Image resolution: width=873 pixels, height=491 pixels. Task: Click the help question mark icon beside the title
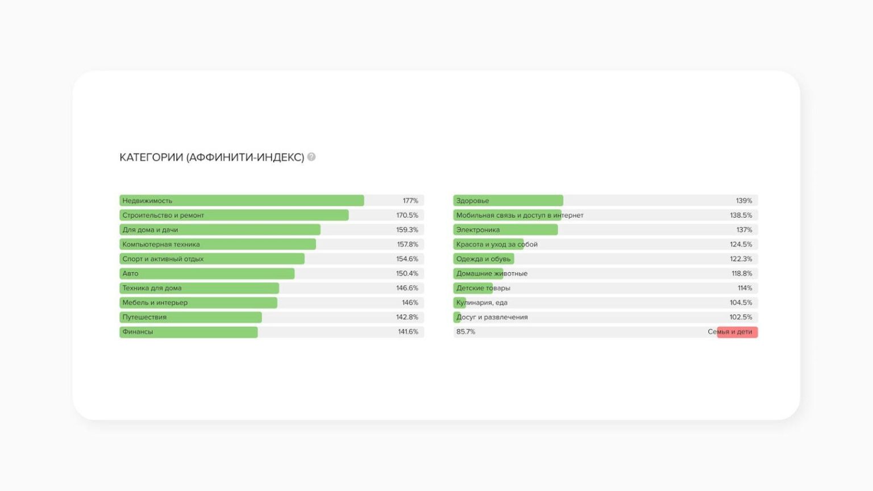[x=311, y=157]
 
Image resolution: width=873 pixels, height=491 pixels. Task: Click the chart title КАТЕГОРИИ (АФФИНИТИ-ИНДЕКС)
[x=211, y=157]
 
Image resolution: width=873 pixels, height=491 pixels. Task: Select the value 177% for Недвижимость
[x=410, y=201]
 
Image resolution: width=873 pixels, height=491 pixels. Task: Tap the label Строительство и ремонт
[x=163, y=215]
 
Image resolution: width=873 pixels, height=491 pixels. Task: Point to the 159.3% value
[x=407, y=230]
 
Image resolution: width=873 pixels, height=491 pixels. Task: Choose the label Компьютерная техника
[x=161, y=244]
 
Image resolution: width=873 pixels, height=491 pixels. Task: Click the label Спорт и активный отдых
[x=163, y=259]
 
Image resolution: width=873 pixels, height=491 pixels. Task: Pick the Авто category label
[x=130, y=274]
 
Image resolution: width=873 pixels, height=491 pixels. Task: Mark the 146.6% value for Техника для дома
[x=407, y=288]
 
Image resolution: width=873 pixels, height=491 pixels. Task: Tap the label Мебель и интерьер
[x=155, y=303]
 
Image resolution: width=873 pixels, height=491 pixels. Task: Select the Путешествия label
[x=144, y=317]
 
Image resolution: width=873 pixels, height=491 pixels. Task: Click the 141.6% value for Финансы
[x=408, y=332]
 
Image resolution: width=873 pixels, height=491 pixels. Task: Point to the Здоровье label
[x=472, y=201]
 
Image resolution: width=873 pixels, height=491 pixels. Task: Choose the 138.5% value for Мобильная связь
[x=741, y=215]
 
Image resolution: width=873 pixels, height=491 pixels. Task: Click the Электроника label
[x=478, y=230]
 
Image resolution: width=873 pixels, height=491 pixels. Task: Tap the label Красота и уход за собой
[x=497, y=244]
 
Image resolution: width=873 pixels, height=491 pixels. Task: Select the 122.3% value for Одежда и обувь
[x=741, y=259]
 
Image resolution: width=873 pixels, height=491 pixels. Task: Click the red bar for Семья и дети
[x=737, y=332]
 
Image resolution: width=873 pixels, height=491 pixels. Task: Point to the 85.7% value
[x=465, y=332]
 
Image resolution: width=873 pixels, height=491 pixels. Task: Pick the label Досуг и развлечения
[x=492, y=317]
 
